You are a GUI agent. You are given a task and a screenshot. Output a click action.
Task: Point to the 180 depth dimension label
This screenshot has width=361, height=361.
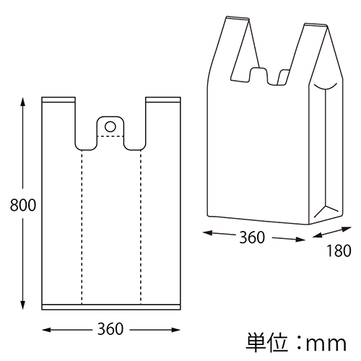pyautogui.click(x=337, y=251)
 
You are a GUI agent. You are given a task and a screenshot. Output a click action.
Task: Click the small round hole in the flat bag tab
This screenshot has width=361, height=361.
pyautogui.click(x=110, y=126)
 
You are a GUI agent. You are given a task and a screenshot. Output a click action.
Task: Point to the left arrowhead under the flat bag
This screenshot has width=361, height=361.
pyautogui.click(x=46, y=331)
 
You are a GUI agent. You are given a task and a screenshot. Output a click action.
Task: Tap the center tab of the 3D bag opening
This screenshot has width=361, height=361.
pyautogui.click(x=259, y=74)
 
